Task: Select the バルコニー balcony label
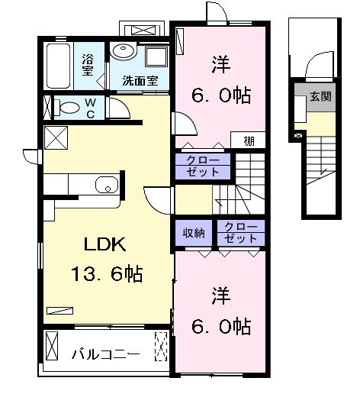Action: click(106, 354)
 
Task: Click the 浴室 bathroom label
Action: click(88, 65)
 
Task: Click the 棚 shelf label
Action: click(250, 141)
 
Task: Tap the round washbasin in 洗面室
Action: click(122, 51)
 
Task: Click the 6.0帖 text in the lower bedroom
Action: click(221, 326)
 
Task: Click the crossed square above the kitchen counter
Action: click(56, 139)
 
